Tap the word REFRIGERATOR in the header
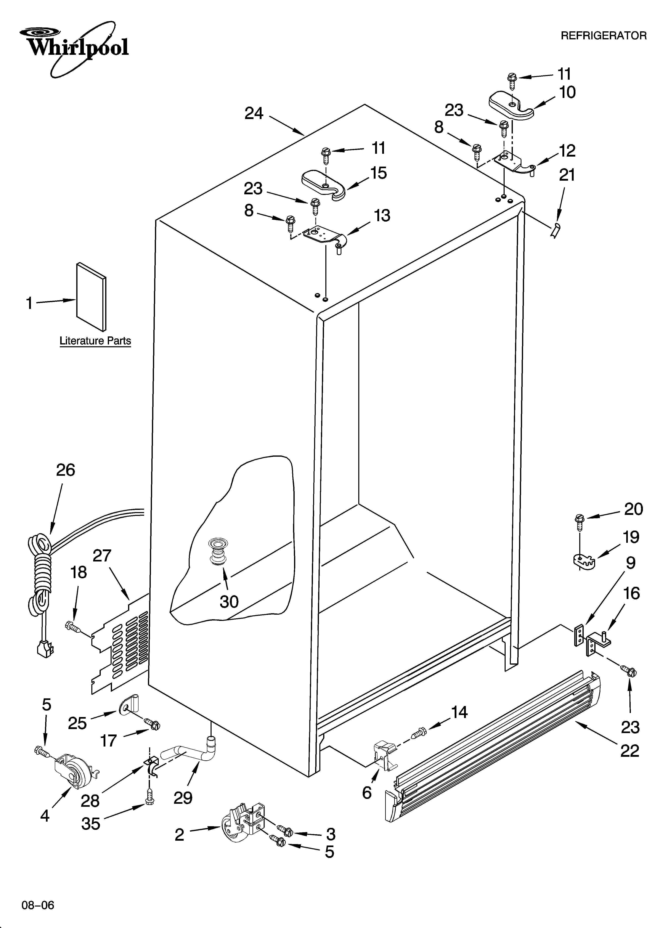click(x=603, y=36)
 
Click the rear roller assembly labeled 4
click(x=74, y=769)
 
